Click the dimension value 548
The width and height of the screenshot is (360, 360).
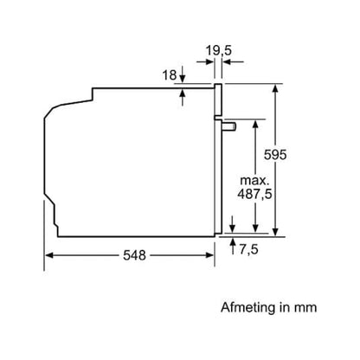132,255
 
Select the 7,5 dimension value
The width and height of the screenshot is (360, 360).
248,249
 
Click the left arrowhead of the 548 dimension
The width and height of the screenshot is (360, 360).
48,254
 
